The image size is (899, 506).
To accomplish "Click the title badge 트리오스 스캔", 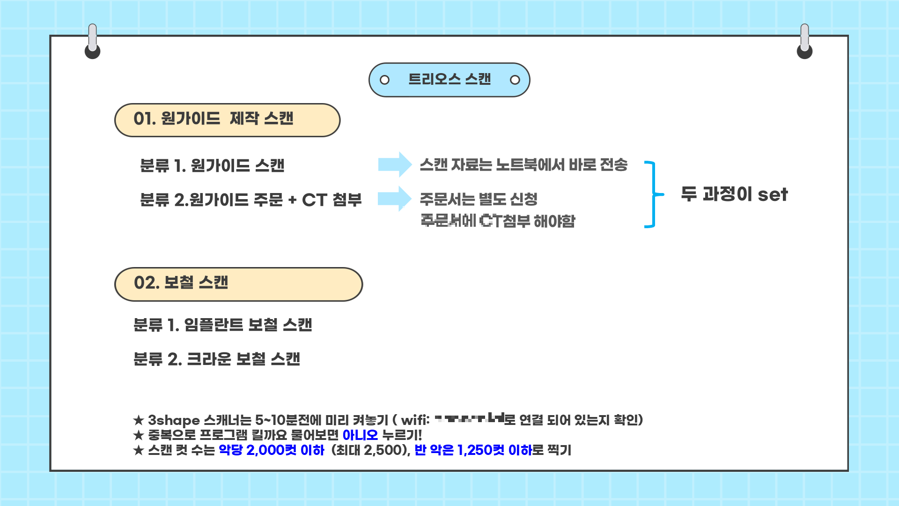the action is click(x=449, y=80).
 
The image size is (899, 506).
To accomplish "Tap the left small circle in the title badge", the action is click(x=384, y=80).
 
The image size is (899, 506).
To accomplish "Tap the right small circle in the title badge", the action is click(x=515, y=80).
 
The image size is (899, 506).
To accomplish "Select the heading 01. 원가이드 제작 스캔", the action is click(x=214, y=119).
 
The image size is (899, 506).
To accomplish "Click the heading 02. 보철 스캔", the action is click(x=181, y=283).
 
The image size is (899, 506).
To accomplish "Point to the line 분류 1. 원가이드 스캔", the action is click(x=212, y=166).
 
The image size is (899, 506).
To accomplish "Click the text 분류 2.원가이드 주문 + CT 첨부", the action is click(x=251, y=200).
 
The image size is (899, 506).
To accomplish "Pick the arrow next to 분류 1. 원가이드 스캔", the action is click(x=395, y=164).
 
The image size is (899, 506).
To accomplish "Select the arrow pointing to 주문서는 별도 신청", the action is click(x=395, y=199).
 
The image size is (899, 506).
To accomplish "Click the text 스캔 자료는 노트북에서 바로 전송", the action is click(x=523, y=165).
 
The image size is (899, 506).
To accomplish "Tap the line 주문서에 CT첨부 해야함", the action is click(x=498, y=221).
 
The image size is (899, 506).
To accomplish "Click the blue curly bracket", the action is click(x=653, y=194).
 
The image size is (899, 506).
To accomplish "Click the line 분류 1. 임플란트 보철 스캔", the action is click(x=222, y=325).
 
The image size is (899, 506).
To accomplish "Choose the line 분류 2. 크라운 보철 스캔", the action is click(x=216, y=359).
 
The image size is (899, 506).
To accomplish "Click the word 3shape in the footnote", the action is click(x=174, y=420).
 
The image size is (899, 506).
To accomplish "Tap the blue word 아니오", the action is click(x=360, y=435).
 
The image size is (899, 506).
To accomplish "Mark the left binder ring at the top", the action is click(x=93, y=42).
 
